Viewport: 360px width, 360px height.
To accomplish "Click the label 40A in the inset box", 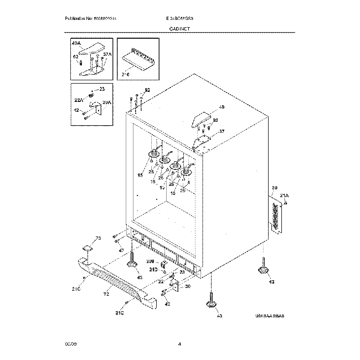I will tap(76, 42).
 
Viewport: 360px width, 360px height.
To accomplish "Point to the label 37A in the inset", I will tap(107, 55).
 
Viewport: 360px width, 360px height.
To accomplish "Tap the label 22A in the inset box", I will tap(79, 100).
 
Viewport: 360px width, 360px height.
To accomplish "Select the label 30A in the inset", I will tap(106, 102).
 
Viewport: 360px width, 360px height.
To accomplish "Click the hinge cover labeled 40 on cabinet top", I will tap(202, 117).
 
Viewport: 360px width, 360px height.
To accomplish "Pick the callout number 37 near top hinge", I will tap(222, 131).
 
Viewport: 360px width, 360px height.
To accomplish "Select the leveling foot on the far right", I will tap(263, 269).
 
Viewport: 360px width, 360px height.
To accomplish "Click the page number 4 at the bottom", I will tap(180, 344).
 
